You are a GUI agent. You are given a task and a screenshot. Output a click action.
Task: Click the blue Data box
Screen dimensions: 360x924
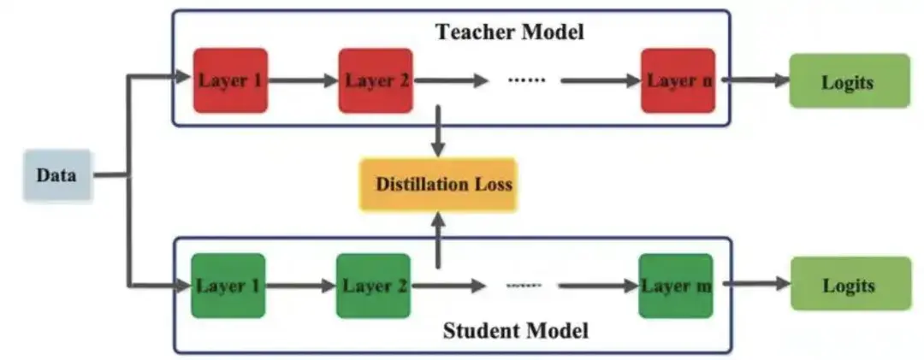click(56, 175)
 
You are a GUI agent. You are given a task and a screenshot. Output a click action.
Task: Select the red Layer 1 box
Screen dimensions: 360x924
click(230, 81)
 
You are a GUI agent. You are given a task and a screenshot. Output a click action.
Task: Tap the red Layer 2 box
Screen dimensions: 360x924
click(376, 81)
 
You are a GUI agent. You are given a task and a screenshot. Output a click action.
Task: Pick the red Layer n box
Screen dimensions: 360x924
click(678, 81)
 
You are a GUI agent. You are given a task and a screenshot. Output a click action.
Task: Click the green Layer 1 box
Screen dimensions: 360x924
click(228, 286)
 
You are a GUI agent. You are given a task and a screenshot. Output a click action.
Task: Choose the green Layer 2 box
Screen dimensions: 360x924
click(373, 286)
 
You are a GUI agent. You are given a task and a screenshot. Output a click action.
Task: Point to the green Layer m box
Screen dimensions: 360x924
click(675, 286)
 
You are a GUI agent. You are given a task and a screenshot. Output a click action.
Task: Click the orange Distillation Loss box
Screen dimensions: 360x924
click(438, 184)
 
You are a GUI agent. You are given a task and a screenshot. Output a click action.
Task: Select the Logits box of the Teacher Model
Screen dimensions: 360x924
click(848, 81)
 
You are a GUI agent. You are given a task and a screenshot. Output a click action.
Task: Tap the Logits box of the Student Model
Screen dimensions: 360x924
click(850, 286)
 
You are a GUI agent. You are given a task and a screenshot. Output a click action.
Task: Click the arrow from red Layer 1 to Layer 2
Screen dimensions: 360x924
click(303, 81)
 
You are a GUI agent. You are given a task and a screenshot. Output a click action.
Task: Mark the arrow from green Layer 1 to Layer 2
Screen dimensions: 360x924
click(300, 286)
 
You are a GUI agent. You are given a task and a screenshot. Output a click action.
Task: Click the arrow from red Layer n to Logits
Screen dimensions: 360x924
click(752, 81)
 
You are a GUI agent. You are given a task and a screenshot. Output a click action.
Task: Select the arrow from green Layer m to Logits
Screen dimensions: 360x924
click(752, 286)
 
